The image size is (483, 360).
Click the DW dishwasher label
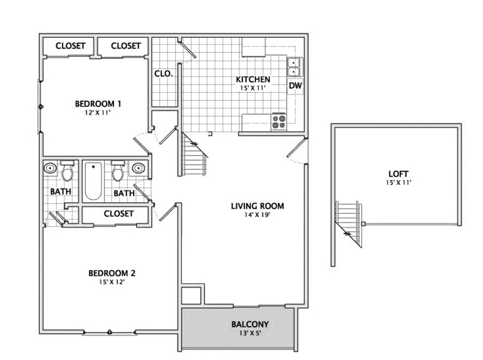295,86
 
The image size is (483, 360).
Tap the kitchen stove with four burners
278,122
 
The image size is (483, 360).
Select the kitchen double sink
294,66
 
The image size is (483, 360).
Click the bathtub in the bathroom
92,181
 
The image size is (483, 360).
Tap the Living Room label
258,206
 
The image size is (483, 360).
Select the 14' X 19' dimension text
258,214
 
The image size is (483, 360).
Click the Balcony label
250,324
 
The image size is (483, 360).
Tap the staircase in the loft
349,221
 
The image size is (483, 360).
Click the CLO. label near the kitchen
164,74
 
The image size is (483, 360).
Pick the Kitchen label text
253,79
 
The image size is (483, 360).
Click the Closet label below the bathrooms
118,213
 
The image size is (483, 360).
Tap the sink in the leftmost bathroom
50,168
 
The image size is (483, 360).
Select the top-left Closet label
70,46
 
